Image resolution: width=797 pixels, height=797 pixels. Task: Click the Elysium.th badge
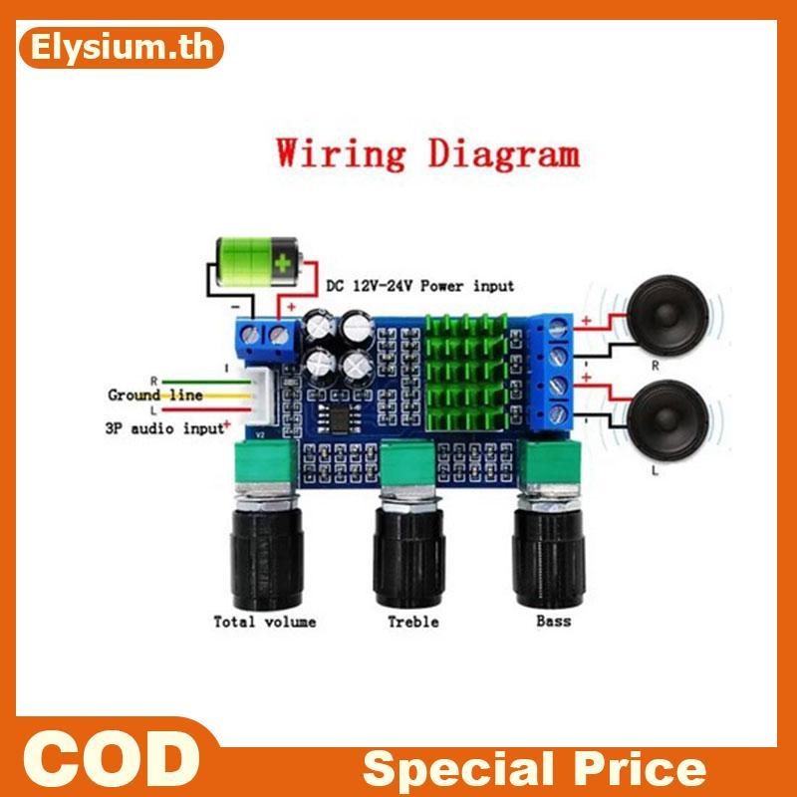pyautogui.click(x=121, y=48)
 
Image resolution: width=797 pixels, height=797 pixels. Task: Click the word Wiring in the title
pyautogui.click(x=341, y=153)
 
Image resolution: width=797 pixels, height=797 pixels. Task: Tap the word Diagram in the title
pyautogui.click(x=504, y=153)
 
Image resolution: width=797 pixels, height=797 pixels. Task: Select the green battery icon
pyautogui.click(x=258, y=262)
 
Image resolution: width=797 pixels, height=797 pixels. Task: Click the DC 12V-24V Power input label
pyautogui.click(x=419, y=286)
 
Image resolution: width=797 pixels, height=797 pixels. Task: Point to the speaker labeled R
pyautogui.click(x=666, y=315)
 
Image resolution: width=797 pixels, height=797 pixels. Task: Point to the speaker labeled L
pyautogui.click(x=667, y=419)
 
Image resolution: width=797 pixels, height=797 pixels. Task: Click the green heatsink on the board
pyautogui.click(x=466, y=372)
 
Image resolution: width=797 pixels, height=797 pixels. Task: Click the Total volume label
pyautogui.click(x=265, y=622)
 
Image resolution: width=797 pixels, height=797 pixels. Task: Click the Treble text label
pyautogui.click(x=413, y=622)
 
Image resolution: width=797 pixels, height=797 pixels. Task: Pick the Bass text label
pyautogui.click(x=554, y=621)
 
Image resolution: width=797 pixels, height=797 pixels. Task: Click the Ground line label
pyautogui.click(x=155, y=395)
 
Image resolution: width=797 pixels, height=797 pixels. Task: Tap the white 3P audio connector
pyautogui.click(x=262, y=397)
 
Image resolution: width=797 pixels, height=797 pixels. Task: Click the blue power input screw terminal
pyautogui.click(x=265, y=338)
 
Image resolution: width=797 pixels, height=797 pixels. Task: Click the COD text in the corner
pyautogui.click(x=112, y=759)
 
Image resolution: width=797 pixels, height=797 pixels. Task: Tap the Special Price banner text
pyautogui.click(x=535, y=768)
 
